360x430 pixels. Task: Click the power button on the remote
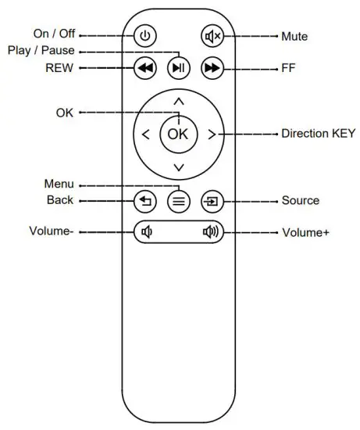click(145, 36)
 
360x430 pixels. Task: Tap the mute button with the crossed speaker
click(212, 36)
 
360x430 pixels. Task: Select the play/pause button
click(179, 68)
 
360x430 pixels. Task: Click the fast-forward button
click(211, 68)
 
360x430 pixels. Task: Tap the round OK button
click(178, 133)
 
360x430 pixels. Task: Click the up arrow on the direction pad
click(178, 102)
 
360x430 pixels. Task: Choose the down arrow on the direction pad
click(178, 167)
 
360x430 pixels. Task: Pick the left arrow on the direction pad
click(146, 134)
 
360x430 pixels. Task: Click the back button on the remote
click(145, 201)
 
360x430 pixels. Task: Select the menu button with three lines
click(179, 201)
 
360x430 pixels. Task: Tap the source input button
click(212, 201)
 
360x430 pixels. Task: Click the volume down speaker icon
click(146, 232)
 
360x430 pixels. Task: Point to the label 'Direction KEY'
click(317, 134)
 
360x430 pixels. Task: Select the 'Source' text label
click(300, 201)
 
